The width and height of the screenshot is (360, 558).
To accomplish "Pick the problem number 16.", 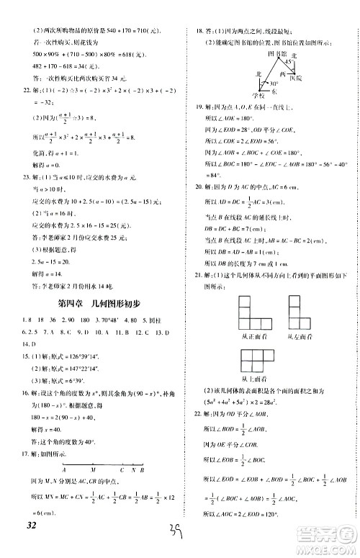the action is pos(22,392).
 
